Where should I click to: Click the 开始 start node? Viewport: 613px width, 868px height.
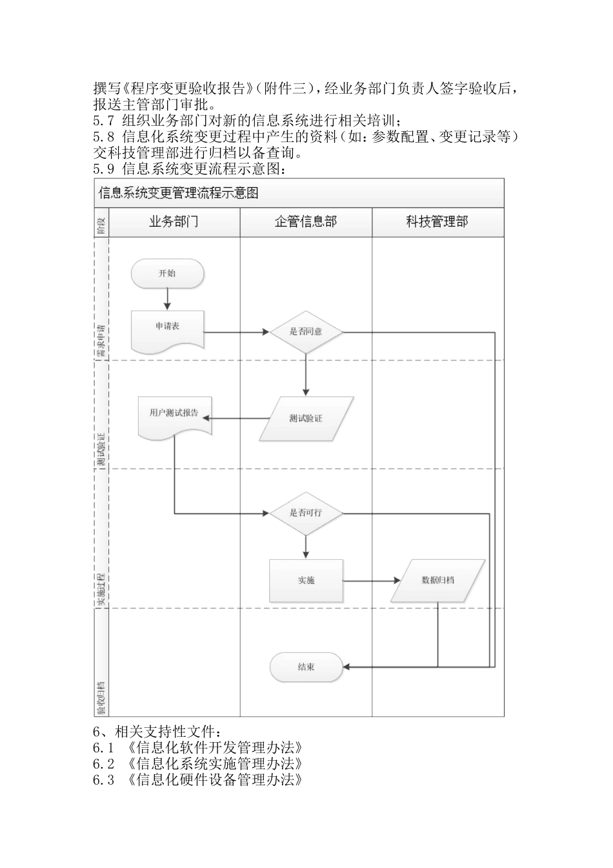point(167,274)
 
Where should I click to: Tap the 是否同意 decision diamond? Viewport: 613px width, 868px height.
point(306,332)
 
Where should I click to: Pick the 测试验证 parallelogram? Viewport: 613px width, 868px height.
point(306,418)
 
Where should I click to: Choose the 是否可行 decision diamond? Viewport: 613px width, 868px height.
point(306,513)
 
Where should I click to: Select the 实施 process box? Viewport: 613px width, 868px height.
point(306,581)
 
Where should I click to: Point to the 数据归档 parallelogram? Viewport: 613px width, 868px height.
point(437,581)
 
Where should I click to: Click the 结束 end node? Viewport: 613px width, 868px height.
point(306,667)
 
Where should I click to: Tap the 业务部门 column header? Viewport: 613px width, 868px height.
point(174,222)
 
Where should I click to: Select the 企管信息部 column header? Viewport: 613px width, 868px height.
point(306,222)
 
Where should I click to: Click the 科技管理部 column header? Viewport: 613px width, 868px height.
point(437,222)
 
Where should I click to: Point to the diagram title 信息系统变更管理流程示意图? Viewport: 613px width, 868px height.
point(179,193)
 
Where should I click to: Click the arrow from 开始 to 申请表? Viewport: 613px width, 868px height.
point(167,299)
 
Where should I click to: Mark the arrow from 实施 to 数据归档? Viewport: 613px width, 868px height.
point(371,581)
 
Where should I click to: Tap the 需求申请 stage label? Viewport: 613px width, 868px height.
point(101,340)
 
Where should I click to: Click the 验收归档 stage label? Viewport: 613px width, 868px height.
point(101,697)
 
